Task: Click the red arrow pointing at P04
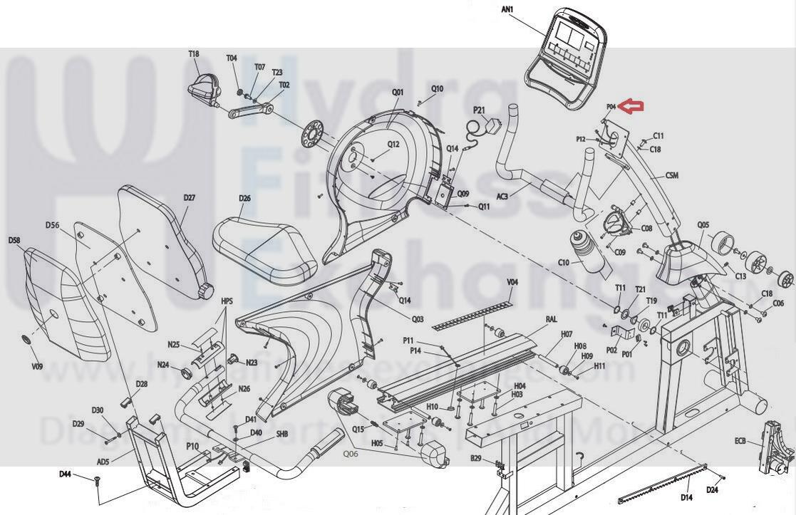[631, 107]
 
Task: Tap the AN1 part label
[507, 9]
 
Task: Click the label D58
[14, 241]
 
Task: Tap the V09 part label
[37, 367]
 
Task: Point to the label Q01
[398, 92]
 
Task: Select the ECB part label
[740, 442]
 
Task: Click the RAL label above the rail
[551, 320]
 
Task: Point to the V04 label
[512, 283]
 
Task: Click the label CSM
[672, 175]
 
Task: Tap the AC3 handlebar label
[502, 196]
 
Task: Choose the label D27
[189, 198]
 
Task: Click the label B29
[477, 458]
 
